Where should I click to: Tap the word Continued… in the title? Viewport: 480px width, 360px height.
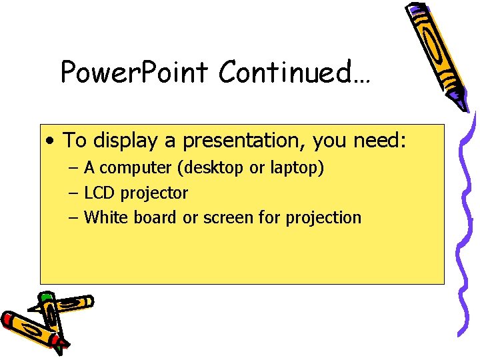coord(294,72)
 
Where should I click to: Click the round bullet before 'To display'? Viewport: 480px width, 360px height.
coord(51,141)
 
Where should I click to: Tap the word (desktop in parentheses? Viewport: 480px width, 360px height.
coord(213,169)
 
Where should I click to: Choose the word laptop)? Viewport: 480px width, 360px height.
coord(297,169)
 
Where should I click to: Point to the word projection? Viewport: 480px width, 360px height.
coord(323,218)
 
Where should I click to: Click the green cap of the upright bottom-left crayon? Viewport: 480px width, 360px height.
coord(45,297)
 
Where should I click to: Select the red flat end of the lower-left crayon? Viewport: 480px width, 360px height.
coord(8,321)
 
